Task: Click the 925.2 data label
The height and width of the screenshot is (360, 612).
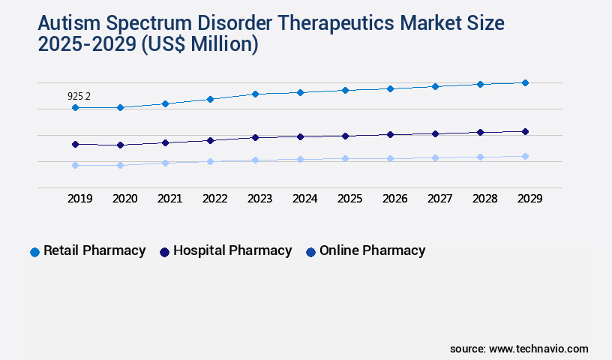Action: coord(79,96)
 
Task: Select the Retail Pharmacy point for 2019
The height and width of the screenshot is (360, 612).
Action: coord(75,108)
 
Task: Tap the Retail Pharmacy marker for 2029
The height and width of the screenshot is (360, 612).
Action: coord(525,82)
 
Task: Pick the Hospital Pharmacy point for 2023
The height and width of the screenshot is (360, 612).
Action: coord(255,137)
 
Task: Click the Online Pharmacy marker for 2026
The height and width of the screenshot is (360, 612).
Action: coord(390,158)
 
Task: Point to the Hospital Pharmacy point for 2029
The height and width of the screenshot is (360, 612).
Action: coord(525,131)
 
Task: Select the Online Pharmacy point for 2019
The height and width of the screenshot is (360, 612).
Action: coord(75,165)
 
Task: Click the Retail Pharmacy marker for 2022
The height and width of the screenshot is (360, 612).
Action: coord(210,99)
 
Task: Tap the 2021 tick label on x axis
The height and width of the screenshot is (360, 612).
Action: coord(169,199)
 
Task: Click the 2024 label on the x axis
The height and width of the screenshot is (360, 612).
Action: coord(304,199)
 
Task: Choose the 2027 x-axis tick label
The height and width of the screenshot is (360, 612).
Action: coord(439,199)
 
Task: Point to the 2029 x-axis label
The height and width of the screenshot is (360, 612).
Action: coord(529,199)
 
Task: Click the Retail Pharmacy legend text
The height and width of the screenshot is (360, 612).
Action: coord(94,251)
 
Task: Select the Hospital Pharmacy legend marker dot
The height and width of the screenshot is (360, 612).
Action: coord(164,252)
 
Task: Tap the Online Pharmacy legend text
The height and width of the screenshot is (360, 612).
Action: coord(372,251)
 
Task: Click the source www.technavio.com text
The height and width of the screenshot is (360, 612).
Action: coord(519,349)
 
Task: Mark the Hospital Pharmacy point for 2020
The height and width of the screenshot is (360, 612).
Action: coord(120,145)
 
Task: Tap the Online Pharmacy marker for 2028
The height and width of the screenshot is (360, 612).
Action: coord(480,157)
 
